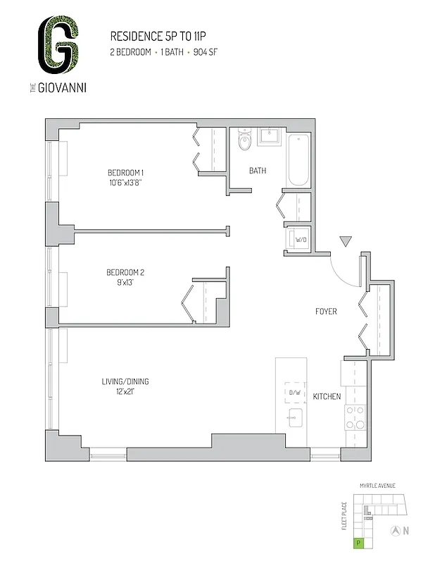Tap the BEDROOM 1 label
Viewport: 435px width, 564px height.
point(125,173)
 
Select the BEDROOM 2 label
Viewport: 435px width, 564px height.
point(125,273)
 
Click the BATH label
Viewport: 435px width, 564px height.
point(257,171)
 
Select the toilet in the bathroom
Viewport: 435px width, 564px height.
point(244,139)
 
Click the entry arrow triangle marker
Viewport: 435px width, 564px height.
point(345,242)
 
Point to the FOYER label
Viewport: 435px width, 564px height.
point(325,311)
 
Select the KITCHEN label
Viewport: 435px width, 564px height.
point(327,396)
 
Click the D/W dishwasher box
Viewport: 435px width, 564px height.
point(293,392)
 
